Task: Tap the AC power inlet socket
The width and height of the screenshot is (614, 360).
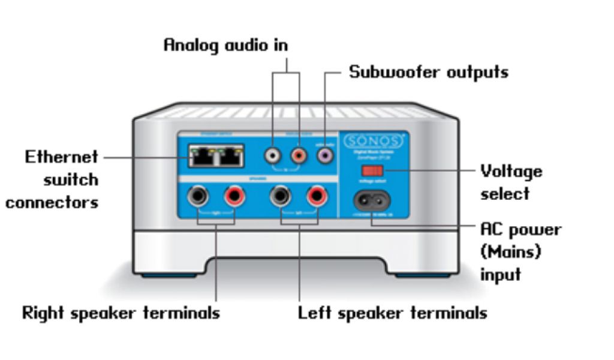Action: click(x=372, y=199)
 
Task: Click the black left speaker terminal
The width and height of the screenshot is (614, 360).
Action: click(x=280, y=196)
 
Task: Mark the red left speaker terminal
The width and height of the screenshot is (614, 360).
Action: click(x=315, y=196)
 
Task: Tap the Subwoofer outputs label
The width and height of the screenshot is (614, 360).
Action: click(x=429, y=73)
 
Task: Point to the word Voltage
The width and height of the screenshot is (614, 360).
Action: click(x=511, y=172)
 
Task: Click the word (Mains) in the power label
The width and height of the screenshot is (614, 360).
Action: click(x=510, y=252)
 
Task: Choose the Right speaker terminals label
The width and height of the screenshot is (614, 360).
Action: click(x=121, y=313)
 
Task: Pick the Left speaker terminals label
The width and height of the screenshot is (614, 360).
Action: click(x=393, y=313)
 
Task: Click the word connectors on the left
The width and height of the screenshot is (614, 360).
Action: click(x=52, y=202)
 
